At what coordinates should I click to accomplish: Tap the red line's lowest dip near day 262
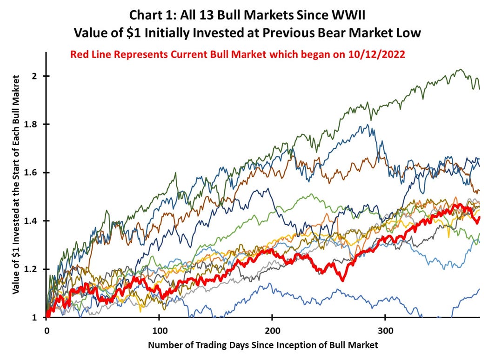point(343,280)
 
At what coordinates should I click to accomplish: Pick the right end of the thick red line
point(479,218)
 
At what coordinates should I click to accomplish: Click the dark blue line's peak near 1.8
point(368,125)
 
